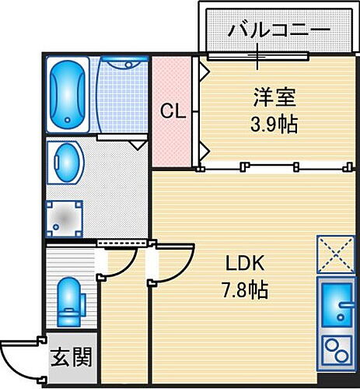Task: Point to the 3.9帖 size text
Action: point(273,124)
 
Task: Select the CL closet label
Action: point(172,112)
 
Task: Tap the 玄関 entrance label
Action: point(72,358)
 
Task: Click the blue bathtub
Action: point(70,94)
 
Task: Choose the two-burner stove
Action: point(336,350)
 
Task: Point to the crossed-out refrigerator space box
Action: point(336,254)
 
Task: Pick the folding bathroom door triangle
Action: point(137,143)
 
